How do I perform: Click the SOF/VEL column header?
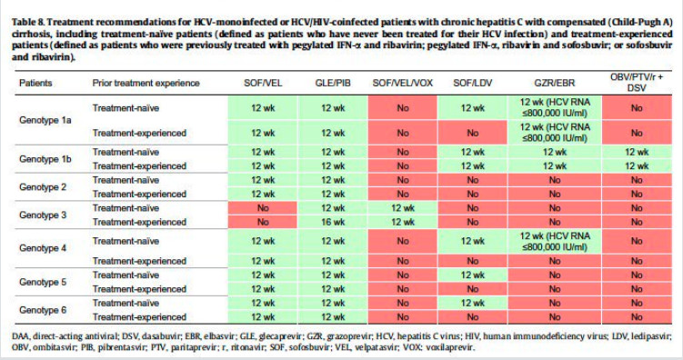(263, 83)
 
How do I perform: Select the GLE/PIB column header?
(333, 83)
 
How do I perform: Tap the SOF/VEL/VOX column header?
(403, 83)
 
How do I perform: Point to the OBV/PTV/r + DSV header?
(637, 83)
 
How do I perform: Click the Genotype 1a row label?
(45, 120)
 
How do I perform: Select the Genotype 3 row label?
(43, 215)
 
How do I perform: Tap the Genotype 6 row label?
(43, 310)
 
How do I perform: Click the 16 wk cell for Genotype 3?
(333, 222)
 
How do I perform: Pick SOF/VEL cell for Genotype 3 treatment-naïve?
(263, 208)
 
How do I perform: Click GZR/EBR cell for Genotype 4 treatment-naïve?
(555, 241)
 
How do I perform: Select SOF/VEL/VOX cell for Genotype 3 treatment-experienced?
(403, 222)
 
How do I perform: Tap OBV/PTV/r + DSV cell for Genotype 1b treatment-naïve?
(637, 152)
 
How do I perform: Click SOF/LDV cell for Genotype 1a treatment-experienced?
(473, 133)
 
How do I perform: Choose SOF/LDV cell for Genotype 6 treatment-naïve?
(473, 303)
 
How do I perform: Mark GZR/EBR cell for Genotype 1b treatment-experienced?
(555, 165)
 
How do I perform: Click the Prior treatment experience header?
(146, 83)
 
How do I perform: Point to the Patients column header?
(35, 83)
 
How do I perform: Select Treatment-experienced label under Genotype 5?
(139, 289)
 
